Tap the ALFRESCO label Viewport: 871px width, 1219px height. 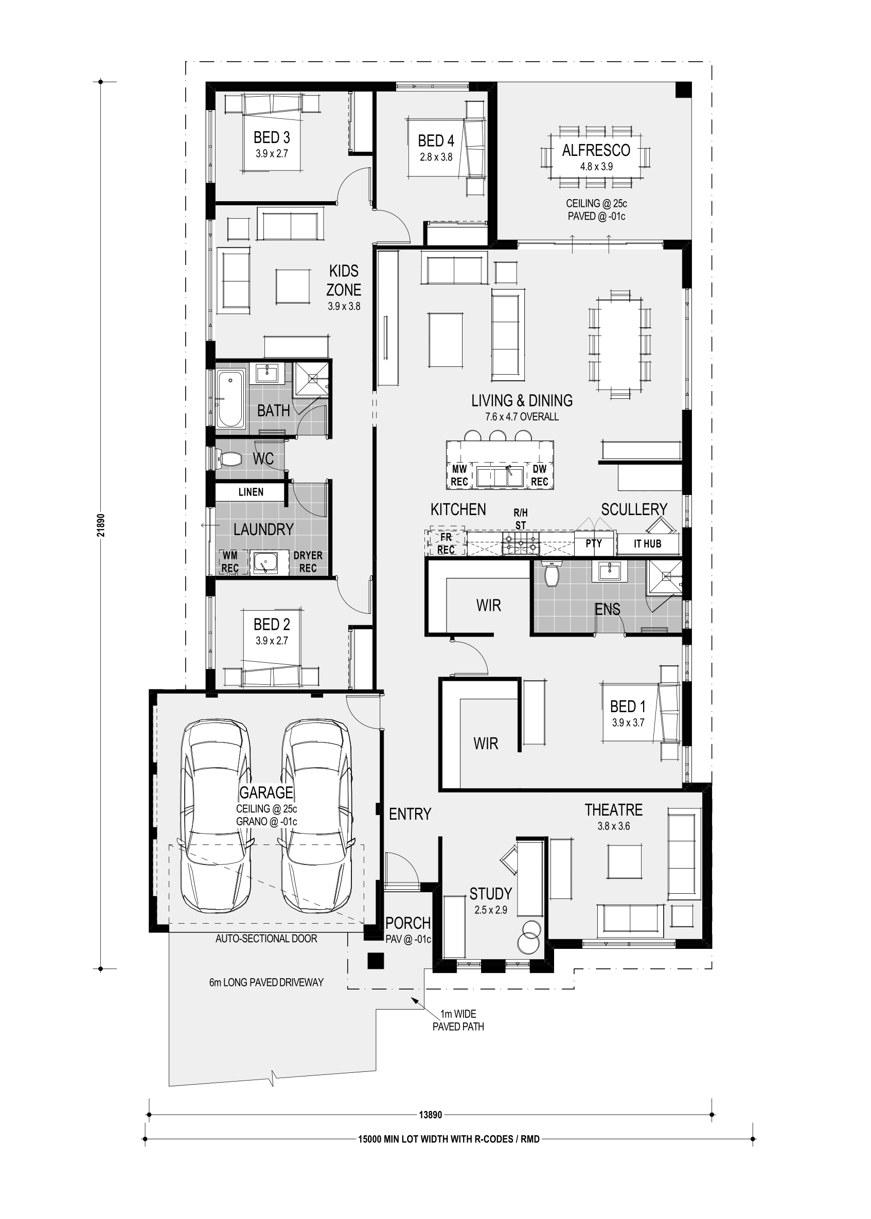(x=596, y=151)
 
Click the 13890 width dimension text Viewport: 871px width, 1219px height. (x=430, y=1115)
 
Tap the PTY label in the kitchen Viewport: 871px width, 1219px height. (x=594, y=543)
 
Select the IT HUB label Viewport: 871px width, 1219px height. (x=647, y=544)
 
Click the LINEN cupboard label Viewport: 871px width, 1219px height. (x=251, y=492)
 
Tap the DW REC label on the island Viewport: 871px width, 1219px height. (x=540, y=475)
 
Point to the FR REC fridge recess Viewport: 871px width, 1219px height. (x=446, y=543)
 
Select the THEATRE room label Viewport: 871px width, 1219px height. (x=614, y=810)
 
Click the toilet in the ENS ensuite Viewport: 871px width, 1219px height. (x=551, y=574)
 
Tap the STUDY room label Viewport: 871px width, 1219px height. (x=491, y=893)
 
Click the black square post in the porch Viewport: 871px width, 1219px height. (x=376, y=961)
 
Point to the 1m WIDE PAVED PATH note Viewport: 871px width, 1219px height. (x=458, y=1020)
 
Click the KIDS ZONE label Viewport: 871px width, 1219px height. (x=344, y=280)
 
